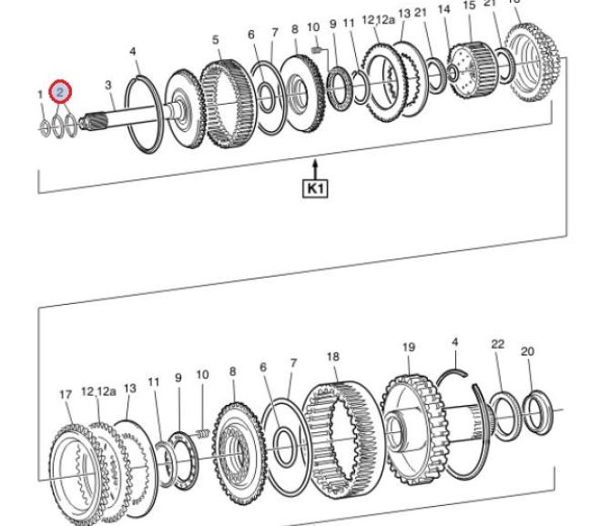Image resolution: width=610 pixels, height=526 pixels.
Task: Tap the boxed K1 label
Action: [315, 189]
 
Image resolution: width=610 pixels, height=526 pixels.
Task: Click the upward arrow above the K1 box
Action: [315, 169]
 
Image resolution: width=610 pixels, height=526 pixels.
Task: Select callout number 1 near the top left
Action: [39, 95]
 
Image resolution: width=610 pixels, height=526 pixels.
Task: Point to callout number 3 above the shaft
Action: [108, 86]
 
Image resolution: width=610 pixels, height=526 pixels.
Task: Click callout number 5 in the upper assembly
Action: [216, 39]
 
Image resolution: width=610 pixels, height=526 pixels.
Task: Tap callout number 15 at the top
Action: [469, 5]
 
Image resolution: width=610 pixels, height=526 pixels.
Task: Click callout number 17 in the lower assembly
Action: [65, 394]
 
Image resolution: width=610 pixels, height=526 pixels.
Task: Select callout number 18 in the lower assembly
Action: [332, 358]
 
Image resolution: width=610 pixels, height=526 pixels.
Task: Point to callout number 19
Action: [408, 347]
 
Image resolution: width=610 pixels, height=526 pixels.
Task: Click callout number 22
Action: [497, 343]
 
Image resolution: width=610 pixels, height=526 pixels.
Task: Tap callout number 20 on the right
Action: [527, 351]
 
